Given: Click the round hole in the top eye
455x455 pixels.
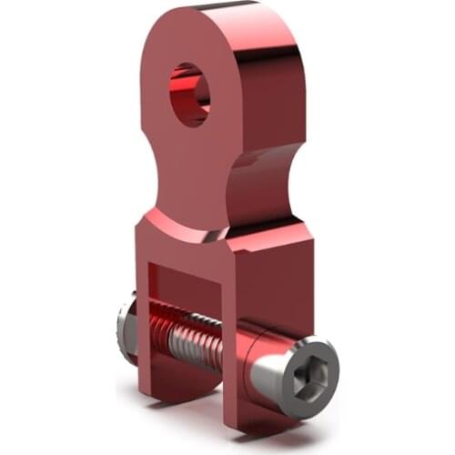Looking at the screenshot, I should [x=189, y=95].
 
